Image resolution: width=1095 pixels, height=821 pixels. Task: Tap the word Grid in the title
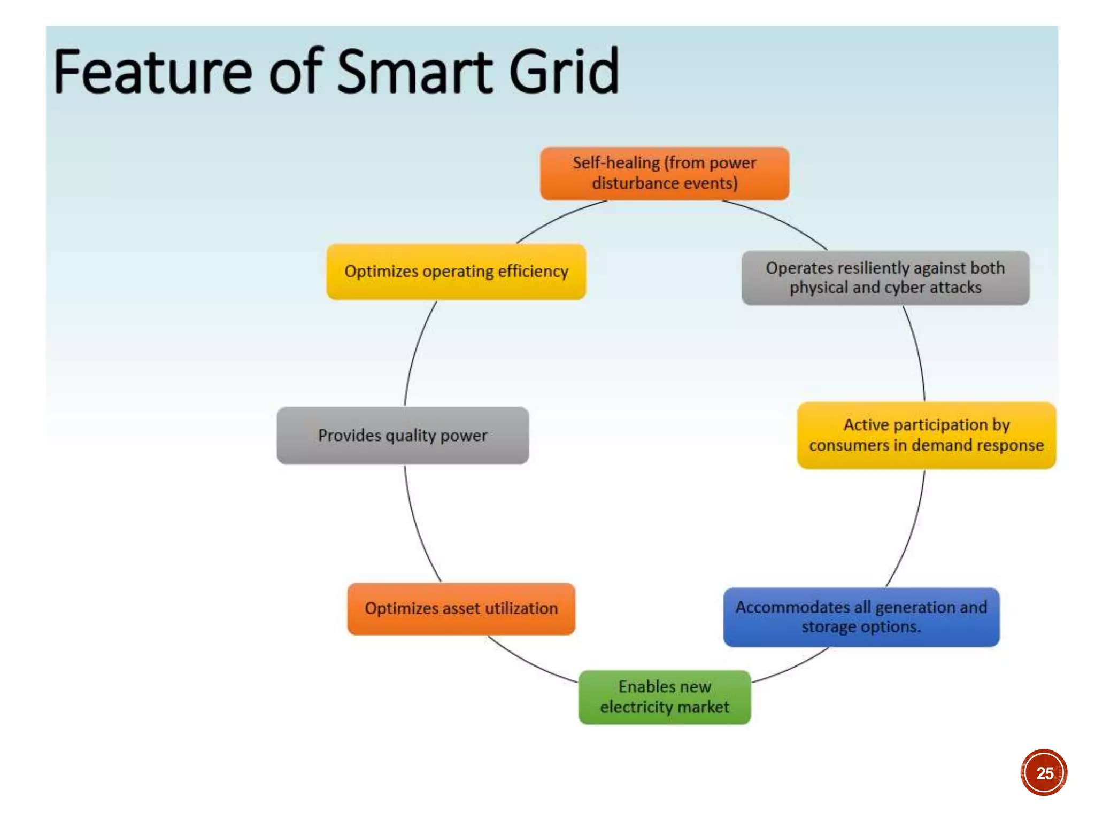pos(564,72)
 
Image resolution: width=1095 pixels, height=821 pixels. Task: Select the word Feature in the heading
pos(152,72)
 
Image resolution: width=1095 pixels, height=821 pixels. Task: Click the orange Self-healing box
pos(665,174)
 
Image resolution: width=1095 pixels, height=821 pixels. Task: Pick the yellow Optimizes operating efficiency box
pos(456,272)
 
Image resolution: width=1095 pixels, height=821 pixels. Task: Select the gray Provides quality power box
pos(403,436)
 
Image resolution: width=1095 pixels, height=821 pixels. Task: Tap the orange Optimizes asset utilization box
pos(461,609)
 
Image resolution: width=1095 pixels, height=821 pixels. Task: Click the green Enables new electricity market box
pos(665,697)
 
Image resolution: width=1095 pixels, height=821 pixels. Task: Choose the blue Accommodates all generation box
pos(861,617)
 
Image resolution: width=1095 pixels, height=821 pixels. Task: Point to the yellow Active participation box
pos(926,435)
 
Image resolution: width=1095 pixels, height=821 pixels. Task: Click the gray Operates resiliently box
pos(885,278)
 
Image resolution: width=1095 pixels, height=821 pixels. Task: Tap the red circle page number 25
pos(1044,772)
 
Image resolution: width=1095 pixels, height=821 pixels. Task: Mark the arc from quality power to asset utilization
pos(416,526)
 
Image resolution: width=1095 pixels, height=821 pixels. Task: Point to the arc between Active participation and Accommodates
pos(912,532)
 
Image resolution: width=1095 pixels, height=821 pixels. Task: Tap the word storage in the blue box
pos(825,627)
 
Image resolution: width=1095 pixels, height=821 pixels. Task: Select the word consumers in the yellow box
pos(849,445)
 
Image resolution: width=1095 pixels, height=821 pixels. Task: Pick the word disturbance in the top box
pos(628,184)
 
